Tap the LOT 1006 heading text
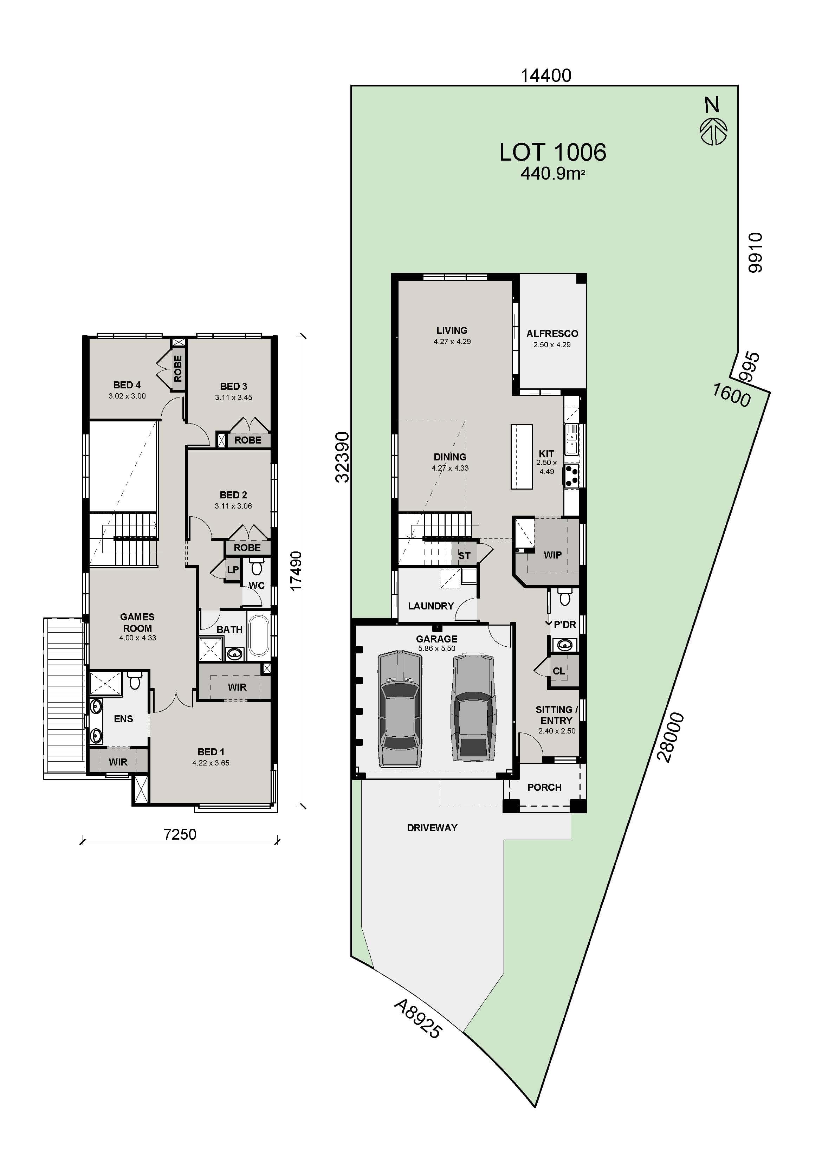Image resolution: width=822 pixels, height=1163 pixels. click(x=552, y=152)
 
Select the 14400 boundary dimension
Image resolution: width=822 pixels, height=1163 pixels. click(x=546, y=76)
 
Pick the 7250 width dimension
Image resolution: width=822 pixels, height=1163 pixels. click(x=180, y=834)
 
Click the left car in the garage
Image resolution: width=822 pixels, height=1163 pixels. click(x=400, y=709)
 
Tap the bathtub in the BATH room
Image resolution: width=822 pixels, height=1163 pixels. click(x=259, y=636)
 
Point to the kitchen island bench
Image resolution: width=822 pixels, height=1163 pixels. click(x=522, y=457)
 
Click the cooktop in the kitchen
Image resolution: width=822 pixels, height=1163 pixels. click(x=572, y=476)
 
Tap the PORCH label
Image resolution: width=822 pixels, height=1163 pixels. click(x=544, y=787)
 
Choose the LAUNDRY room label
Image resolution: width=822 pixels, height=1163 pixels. click(x=431, y=606)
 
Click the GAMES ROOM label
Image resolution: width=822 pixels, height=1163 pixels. click(x=137, y=622)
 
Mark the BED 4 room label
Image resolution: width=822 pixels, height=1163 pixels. click(x=127, y=385)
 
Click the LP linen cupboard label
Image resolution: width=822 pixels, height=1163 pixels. click(x=232, y=570)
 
